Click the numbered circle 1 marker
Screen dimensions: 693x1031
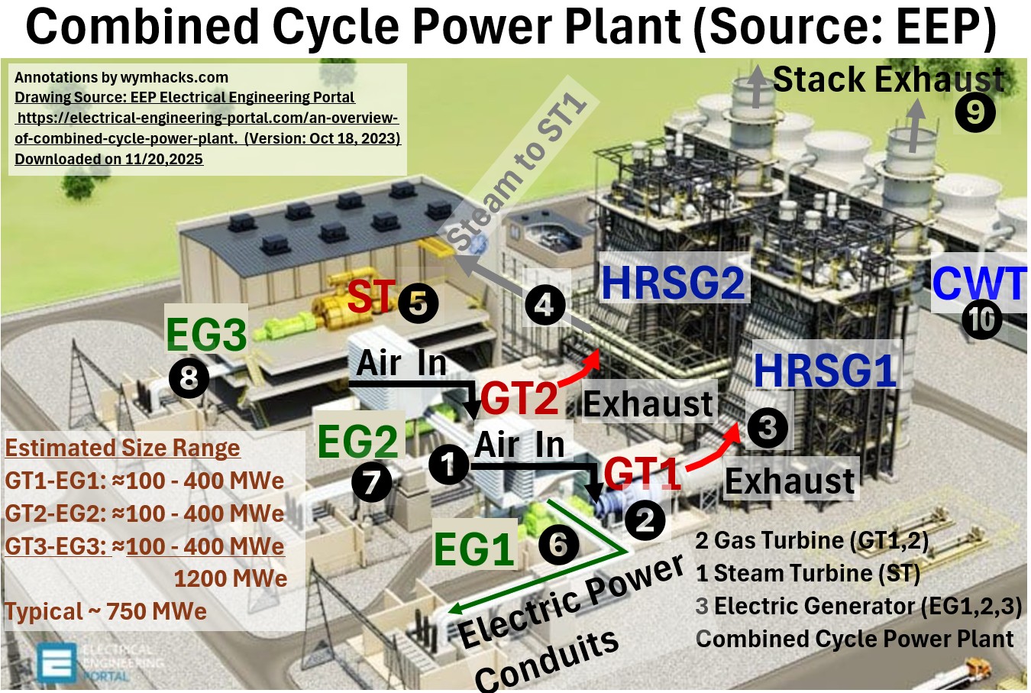[448, 464]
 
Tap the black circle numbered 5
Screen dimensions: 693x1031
[418, 303]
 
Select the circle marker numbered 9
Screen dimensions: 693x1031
[975, 112]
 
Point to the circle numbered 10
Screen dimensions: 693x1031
[981, 319]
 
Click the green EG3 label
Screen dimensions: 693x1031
[206, 334]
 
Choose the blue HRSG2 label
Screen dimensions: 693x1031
[673, 282]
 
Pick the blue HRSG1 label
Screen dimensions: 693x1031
[825, 371]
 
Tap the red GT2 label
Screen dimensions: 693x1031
[519, 399]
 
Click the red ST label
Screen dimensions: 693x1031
[371, 296]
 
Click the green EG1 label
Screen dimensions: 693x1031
[473, 549]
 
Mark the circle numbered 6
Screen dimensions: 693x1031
[558, 545]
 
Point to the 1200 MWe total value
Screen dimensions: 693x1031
[230, 578]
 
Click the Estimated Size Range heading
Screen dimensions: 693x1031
[123, 448]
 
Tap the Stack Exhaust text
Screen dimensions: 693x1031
[888, 79]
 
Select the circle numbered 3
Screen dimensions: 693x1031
[768, 428]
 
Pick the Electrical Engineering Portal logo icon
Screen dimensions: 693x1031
[57, 662]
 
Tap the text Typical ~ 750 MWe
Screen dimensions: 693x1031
[106, 611]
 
